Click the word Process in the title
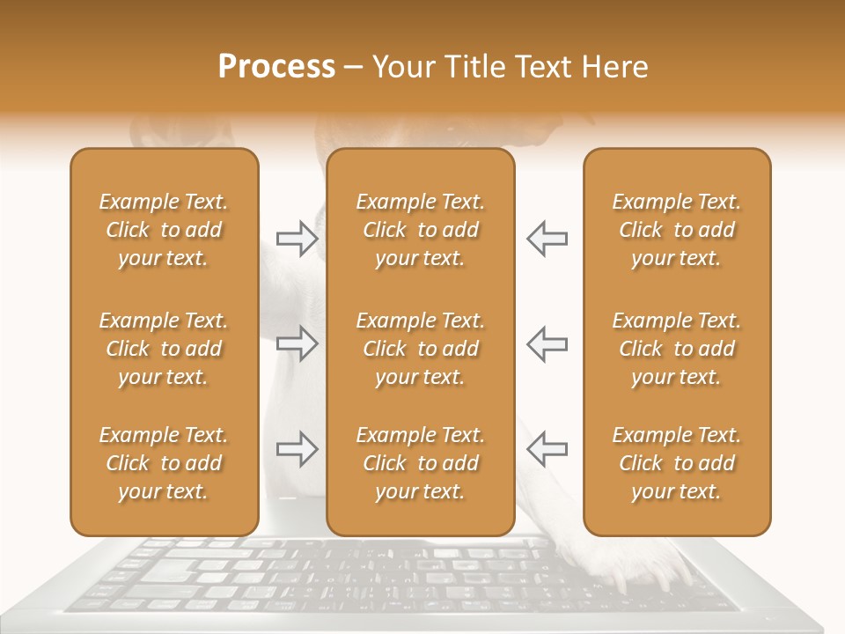point(276,67)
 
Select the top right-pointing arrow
point(297,239)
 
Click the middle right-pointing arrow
point(297,343)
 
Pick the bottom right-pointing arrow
point(297,448)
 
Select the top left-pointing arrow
point(547,239)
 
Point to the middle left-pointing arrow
point(547,343)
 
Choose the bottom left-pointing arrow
point(547,448)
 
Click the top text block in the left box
point(164,230)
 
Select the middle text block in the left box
point(164,349)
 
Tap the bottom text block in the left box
point(164,463)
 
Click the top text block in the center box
point(421,230)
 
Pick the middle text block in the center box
point(421,349)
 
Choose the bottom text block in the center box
point(421,463)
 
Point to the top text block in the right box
point(677,230)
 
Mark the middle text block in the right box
point(677,349)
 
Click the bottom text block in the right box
point(677,463)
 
